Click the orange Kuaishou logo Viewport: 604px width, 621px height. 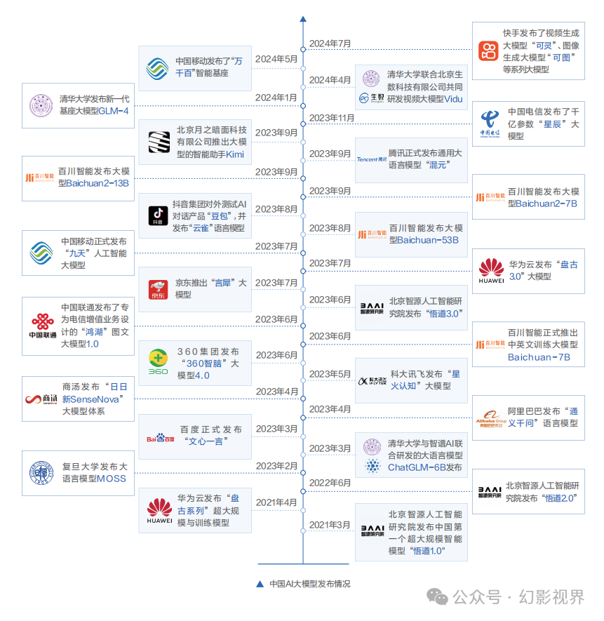tap(487, 51)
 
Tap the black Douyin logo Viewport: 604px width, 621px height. tap(158, 215)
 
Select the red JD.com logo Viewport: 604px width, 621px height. tap(158, 289)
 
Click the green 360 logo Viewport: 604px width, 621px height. tap(158, 362)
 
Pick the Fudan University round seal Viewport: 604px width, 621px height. tap(41, 474)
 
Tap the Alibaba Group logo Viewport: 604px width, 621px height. tap(490, 418)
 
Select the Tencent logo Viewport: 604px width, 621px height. tap(373, 159)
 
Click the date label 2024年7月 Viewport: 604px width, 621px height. tap(330, 44)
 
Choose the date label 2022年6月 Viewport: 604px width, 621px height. tap(330, 483)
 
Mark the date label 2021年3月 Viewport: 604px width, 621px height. tap(330, 525)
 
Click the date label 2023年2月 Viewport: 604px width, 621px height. tap(276, 466)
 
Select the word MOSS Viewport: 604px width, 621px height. tap(112, 479)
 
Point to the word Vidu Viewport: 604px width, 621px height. tap(453, 99)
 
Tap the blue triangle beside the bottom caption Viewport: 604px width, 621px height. tap(260, 584)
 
